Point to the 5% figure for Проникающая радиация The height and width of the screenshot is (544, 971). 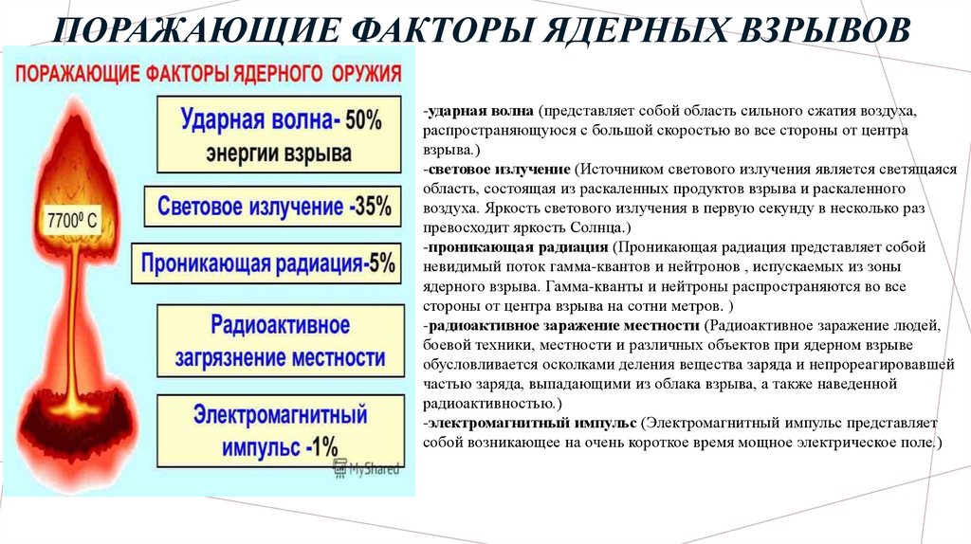(x=380, y=263)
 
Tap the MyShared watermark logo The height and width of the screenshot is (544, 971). (x=364, y=469)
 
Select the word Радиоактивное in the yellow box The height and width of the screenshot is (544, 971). (x=280, y=325)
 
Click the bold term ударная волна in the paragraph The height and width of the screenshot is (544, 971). (x=483, y=111)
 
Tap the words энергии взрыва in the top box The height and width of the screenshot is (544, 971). (x=280, y=153)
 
